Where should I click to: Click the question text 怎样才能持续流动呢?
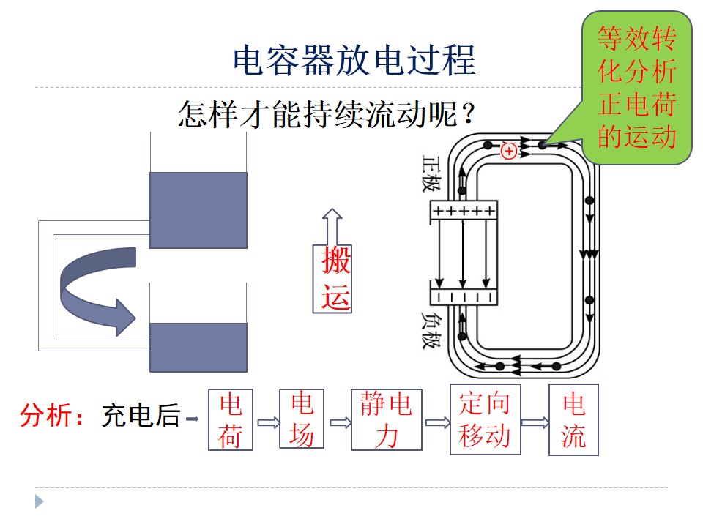319,114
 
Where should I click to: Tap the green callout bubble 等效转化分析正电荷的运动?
636,87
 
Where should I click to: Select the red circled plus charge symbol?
509,151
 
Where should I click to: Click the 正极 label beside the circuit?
431,173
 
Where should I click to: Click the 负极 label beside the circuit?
431,330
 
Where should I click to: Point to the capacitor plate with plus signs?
464,210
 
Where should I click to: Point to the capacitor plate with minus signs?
464,296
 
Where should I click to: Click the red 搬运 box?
332,278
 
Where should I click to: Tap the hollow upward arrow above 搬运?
332,226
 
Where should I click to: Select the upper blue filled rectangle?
198,210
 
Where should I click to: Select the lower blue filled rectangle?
198,347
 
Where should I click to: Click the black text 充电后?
141,415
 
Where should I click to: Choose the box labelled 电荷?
231,419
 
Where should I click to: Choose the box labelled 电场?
302,419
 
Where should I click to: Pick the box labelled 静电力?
387,419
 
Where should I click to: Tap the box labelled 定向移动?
485,419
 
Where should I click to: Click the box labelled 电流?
574,419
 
